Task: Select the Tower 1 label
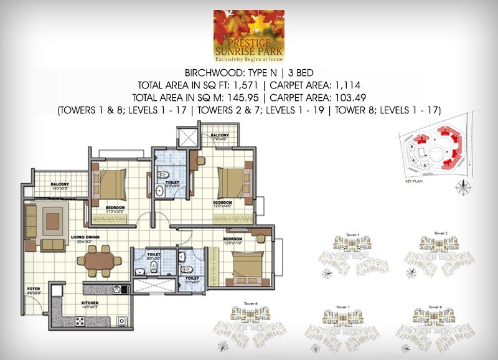coord(353,234)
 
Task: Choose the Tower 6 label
coord(242,304)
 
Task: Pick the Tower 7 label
coord(343,307)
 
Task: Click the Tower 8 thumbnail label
coord(438,306)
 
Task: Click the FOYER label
coord(34,289)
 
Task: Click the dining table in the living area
coord(99,260)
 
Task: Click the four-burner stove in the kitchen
coord(80,320)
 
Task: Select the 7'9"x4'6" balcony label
coord(220,136)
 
